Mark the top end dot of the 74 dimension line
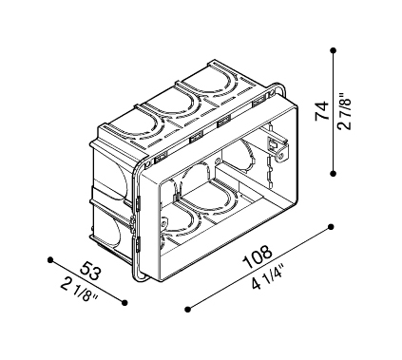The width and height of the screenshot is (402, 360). point(335,50)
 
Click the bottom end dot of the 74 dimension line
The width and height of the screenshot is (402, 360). point(335,172)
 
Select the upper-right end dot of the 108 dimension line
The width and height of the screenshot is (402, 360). point(331,225)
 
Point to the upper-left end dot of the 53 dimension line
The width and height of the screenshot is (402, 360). point(48,256)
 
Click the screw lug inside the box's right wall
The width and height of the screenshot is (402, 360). point(277,142)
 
